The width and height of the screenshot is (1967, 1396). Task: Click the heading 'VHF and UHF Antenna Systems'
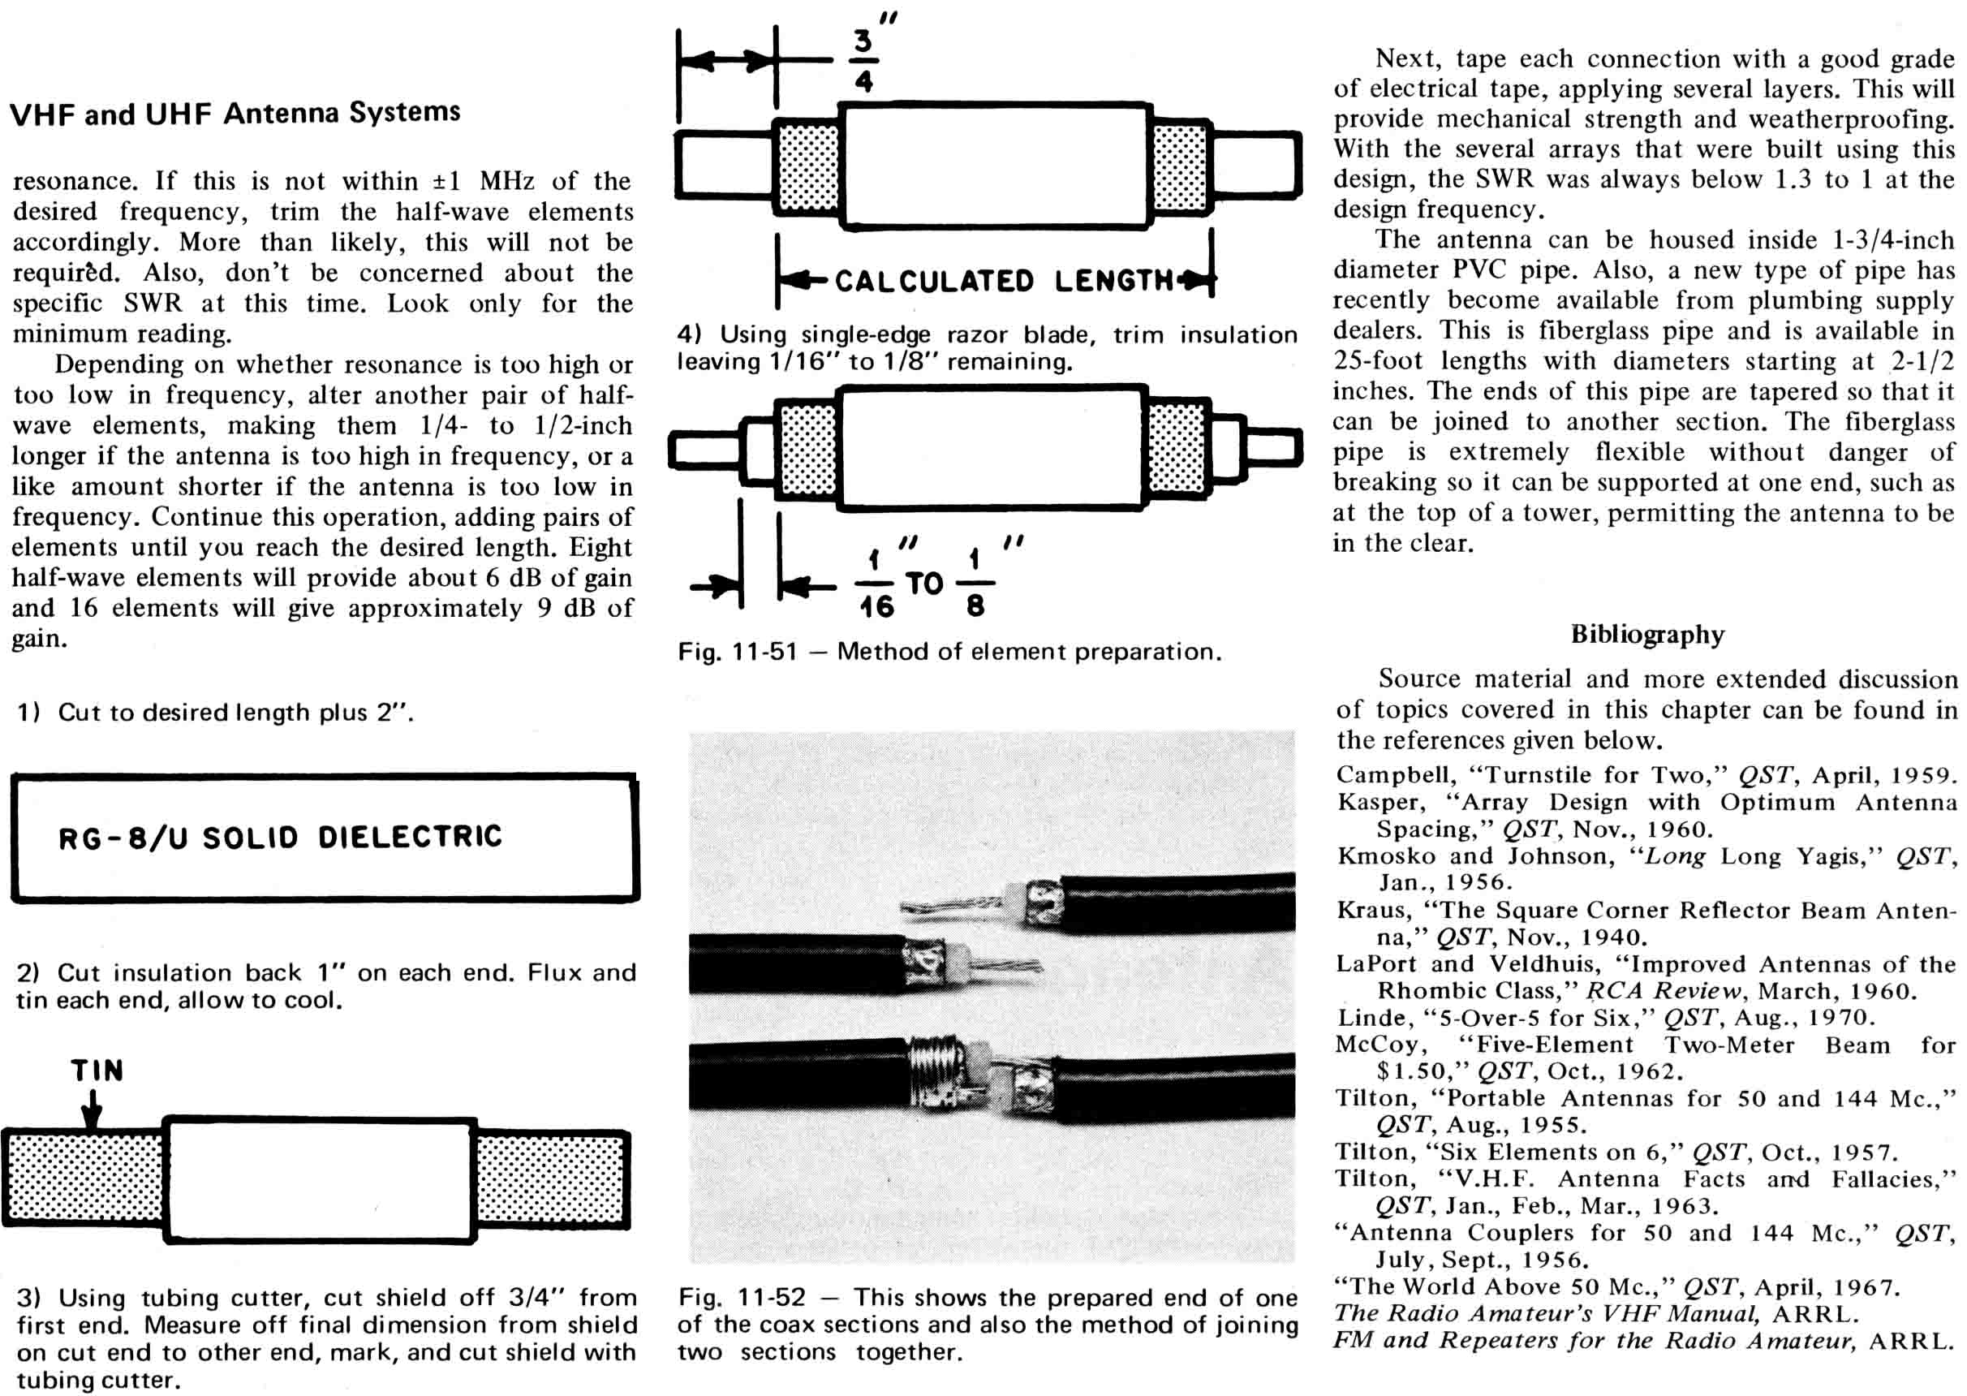pos(235,113)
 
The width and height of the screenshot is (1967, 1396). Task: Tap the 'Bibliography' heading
pos(1646,635)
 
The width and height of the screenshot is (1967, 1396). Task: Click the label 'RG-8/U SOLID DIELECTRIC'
pos(280,838)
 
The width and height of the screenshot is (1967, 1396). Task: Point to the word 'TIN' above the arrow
pos(97,1071)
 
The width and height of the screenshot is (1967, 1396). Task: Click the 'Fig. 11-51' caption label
pos(737,652)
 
